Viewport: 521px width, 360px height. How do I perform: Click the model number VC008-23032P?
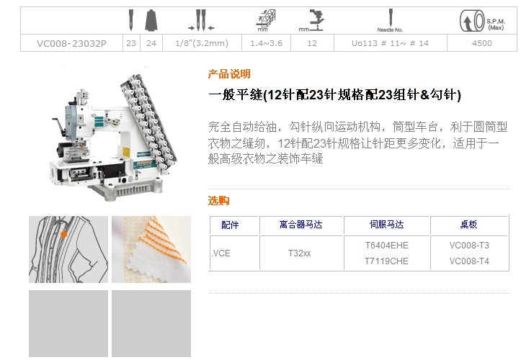coord(71,43)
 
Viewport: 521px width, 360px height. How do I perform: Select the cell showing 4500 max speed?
coord(482,43)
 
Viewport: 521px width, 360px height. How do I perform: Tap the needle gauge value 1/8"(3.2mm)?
coord(202,43)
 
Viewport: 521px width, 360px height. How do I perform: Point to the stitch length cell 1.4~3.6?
coord(266,43)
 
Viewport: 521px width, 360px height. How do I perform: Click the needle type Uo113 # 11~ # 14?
coord(390,43)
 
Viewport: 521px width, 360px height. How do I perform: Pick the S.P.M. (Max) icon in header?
coord(482,21)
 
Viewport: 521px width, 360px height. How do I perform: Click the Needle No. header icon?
coord(391,21)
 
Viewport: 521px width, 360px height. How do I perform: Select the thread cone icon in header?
coord(151,20)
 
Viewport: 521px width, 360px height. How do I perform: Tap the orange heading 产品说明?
coord(229,73)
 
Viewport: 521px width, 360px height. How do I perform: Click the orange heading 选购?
coord(218,200)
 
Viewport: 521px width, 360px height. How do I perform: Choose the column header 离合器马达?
coord(300,225)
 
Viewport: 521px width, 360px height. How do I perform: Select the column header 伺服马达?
coord(387,225)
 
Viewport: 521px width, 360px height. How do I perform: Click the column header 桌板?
coord(469,225)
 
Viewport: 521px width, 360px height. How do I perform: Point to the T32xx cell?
coord(299,253)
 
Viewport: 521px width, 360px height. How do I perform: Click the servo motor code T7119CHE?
coord(386,261)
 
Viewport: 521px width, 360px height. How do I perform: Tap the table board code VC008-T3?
coord(469,246)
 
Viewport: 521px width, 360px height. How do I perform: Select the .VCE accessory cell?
coord(221,253)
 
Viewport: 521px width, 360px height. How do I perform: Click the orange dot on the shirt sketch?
coord(64,235)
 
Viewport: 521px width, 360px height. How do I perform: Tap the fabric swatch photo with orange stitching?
coord(151,249)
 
